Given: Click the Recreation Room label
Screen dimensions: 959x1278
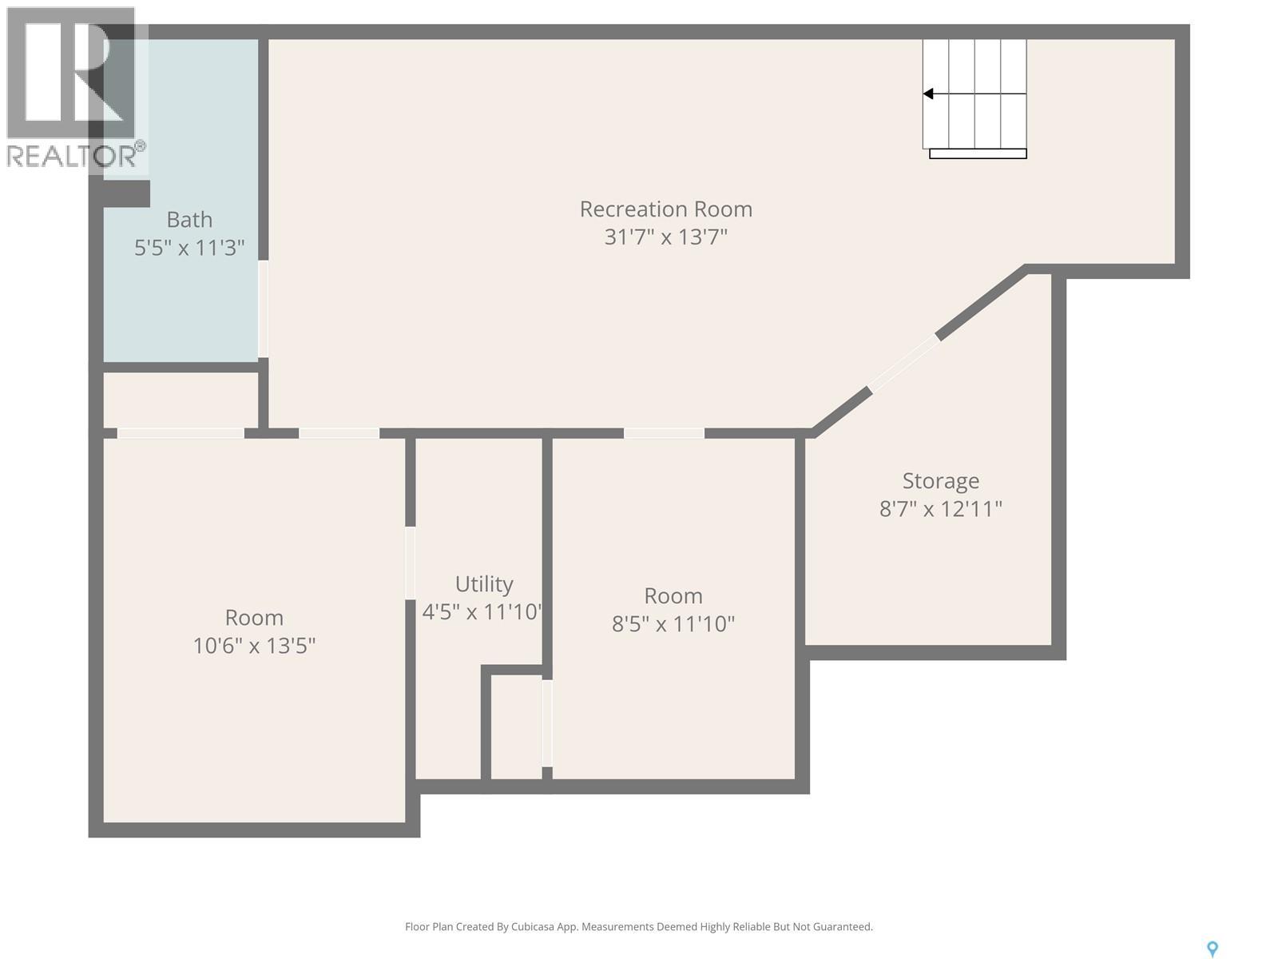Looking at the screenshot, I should [665, 209].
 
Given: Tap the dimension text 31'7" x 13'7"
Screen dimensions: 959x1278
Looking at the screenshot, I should [665, 237].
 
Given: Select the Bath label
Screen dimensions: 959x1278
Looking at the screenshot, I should [189, 220].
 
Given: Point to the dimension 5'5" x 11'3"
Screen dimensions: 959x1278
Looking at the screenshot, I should [189, 248].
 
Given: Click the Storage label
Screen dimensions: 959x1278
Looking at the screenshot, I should [940, 481].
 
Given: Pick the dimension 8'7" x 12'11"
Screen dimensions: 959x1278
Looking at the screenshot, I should [940, 509].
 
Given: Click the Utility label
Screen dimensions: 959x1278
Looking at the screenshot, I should [484, 584].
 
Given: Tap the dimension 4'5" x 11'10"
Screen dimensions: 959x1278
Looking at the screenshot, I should [482, 612].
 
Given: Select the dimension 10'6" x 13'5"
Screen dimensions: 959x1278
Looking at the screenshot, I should [254, 646].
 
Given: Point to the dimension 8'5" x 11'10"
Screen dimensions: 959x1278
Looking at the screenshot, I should [673, 624].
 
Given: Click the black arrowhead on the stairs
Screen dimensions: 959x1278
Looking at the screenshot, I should [928, 94].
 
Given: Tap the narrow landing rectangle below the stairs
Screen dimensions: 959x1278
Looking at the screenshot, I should [978, 153].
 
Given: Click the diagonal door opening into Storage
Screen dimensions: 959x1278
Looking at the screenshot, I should [904, 364].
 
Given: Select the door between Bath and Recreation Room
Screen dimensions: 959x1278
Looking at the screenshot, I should [263, 309].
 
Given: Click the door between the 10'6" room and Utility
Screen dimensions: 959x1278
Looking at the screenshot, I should [410, 563].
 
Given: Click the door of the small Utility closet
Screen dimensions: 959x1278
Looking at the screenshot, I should [547, 723].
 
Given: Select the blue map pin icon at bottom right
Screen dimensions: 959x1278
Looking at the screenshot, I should [1212, 949].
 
